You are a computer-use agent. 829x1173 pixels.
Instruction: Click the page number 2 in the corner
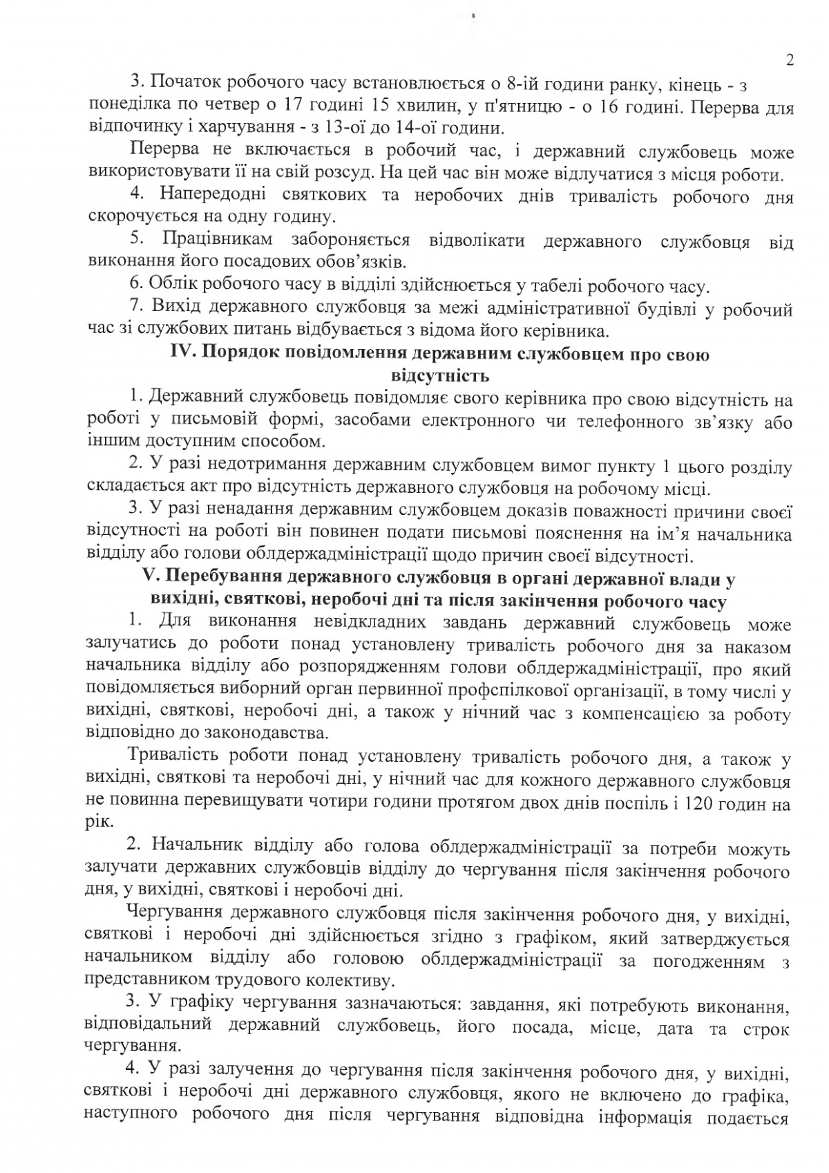(x=789, y=60)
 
